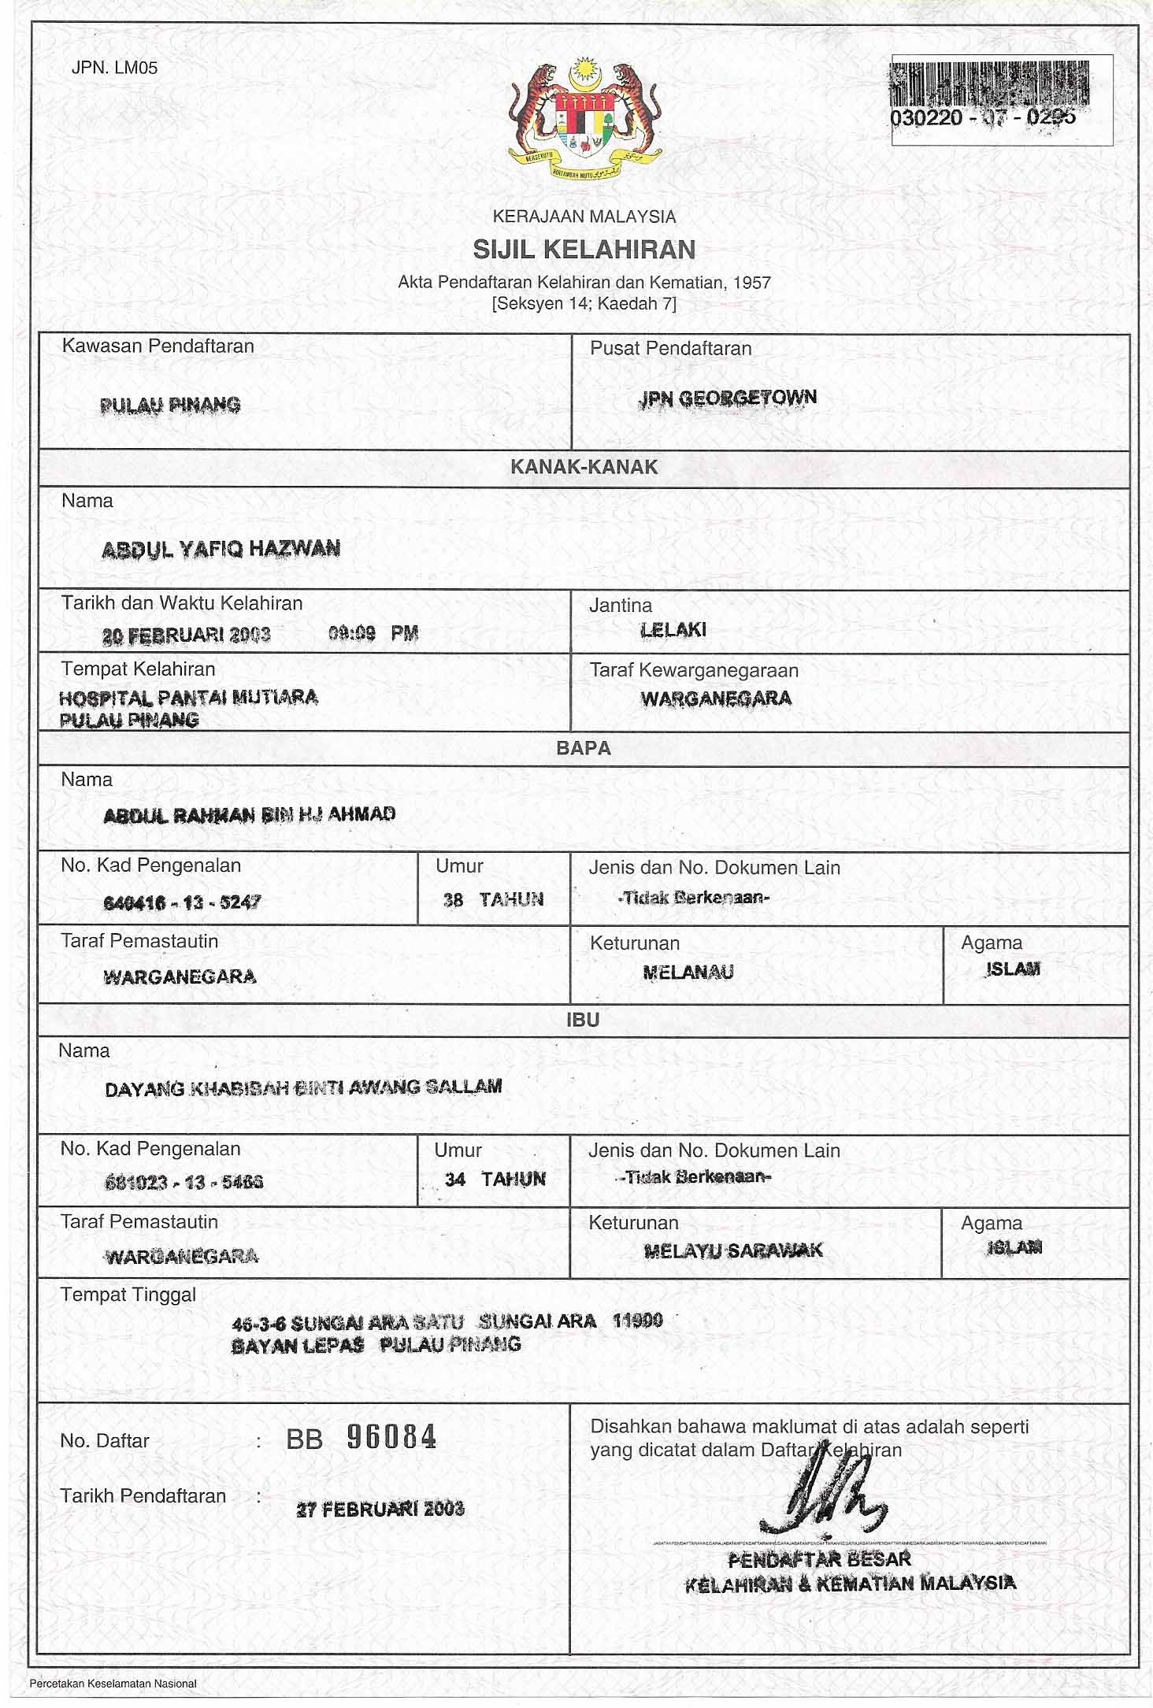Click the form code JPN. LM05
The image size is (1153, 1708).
[x=114, y=68]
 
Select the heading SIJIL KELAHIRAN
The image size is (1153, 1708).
[x=584, y=250]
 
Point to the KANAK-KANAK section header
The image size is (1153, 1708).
[x=584, y=467]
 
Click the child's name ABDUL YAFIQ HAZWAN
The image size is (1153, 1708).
[x=221, y=549]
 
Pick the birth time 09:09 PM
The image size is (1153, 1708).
[x=373, y=633]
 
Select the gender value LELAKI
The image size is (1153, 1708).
[x=673, y=630]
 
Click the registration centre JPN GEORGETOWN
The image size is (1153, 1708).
[x=727, y=398]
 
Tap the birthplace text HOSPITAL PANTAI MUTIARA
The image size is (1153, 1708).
[x=189, y=698]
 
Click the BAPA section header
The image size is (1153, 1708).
[x=584, y=748]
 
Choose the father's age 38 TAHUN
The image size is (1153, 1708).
[x=494, y=899]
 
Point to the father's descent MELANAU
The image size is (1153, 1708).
[x=688, y=973]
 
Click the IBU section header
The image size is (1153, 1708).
[x=583, y=1020]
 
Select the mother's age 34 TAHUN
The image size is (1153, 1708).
[x=495, y=1179]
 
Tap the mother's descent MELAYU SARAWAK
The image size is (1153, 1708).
[x=733, y=1250]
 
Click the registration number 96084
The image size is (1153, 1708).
[x=391, y=1438]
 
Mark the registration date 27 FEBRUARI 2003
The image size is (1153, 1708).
[x=380, y=1510]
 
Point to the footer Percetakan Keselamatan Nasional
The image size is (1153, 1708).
[x=113, y=1684]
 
